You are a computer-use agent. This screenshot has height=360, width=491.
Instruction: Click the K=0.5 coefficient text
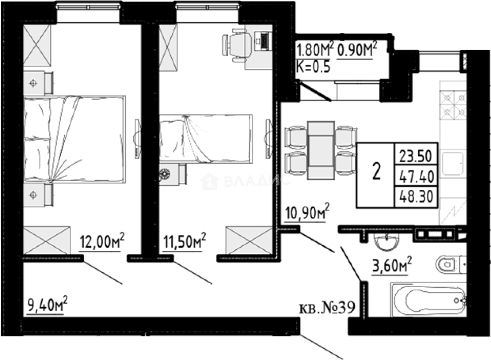(x=313, y=67)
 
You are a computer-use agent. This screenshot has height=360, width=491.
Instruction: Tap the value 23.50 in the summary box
(x=415, y=156)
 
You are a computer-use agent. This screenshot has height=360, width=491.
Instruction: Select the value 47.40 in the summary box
(x=415, y=177)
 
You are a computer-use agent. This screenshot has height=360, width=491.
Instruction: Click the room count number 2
(x=376, y=172)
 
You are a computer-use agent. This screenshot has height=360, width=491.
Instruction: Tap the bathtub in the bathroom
(x=429, y=301)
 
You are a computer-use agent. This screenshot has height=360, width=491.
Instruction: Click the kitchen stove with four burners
(x=453, y=105)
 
